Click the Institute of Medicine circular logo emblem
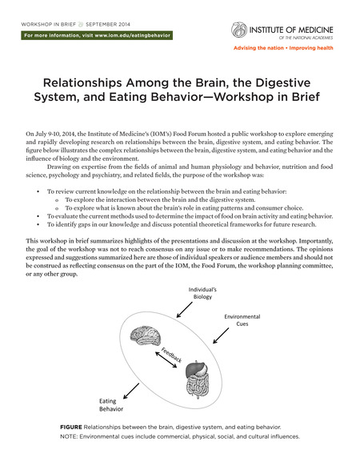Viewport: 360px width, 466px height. pos(239,30)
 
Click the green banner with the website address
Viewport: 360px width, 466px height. pos(97,35)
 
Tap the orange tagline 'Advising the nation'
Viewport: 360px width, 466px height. pos(258,48)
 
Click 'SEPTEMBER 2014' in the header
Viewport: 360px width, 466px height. pos(108,24)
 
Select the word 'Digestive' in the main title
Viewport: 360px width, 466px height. pos(282,82)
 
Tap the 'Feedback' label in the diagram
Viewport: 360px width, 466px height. pos(171,355)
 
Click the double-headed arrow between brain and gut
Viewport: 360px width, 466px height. pos(166,360)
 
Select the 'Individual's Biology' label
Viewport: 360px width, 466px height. pos(202,293)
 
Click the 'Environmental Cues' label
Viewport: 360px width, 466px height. pos(242,320)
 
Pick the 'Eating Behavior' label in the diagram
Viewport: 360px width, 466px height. pos(110,405)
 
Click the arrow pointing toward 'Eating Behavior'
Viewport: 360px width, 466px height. pos(131,391)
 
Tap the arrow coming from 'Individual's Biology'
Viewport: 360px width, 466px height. pos(185,310)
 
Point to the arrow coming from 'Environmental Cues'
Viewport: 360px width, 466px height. pos(221,335)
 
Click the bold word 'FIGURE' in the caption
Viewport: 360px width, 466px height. pos(71,427)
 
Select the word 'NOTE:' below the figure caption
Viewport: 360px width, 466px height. pos(69,436)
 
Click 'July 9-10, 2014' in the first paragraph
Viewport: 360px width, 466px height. pos(55,134)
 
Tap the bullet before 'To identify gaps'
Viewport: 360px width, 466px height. pos(38,224)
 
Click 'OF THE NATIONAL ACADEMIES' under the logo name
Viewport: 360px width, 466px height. pos(306,38)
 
